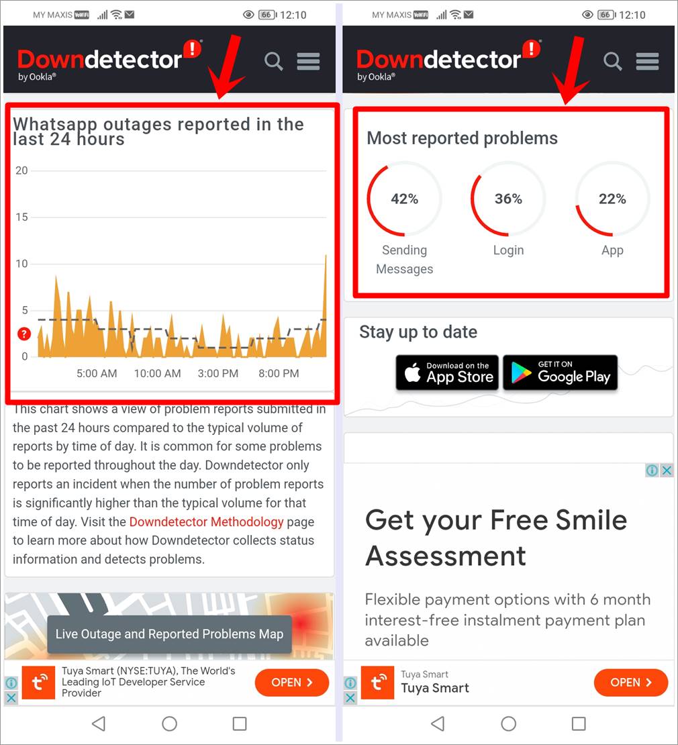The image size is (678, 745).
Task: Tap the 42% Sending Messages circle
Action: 404,199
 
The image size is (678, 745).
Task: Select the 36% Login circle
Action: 508,199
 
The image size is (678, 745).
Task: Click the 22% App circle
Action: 612,199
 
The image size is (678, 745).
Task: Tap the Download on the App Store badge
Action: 447,372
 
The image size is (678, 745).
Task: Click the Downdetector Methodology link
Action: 207,521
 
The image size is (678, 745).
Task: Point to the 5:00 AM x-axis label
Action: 97,373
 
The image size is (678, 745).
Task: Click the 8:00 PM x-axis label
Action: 279,373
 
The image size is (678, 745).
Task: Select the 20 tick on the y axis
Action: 22,170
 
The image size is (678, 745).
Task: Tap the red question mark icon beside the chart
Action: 24,334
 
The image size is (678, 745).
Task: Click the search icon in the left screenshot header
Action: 274,61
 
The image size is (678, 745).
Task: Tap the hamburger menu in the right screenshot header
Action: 647,61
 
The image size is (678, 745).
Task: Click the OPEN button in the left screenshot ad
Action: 292,683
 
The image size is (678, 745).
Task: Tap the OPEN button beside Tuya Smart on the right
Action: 631,683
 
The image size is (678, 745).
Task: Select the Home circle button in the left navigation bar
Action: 169,724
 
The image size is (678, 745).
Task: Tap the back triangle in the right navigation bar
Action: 437,724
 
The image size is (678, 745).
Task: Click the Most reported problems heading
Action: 462,138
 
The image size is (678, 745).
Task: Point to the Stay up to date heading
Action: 418,332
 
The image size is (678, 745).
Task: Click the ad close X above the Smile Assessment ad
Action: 667,470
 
